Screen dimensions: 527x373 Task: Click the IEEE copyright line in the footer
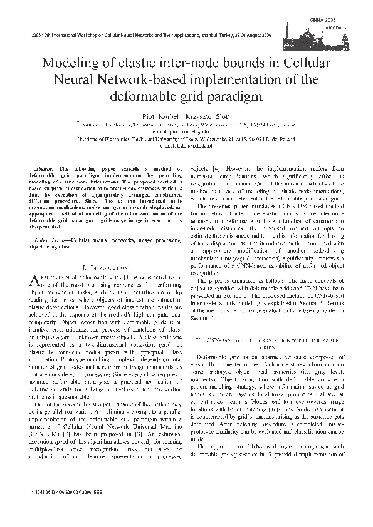coord(69,493)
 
